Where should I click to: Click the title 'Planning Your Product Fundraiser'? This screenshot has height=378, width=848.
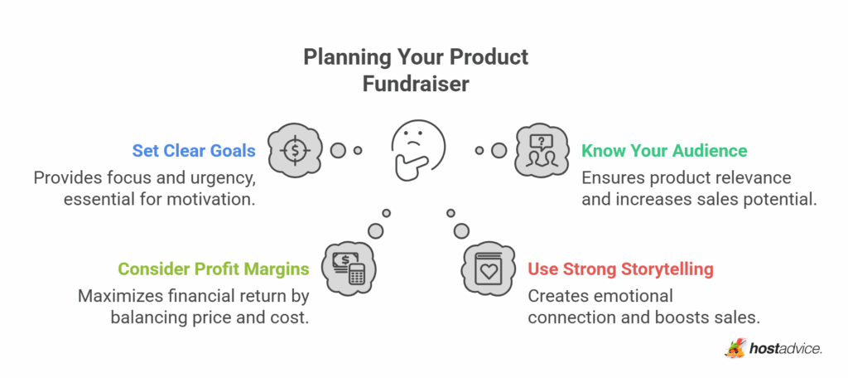pos(415,71)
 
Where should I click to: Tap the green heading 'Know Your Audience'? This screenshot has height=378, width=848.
pos(664,151)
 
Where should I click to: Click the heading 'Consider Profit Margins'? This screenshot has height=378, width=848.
pos(213,269)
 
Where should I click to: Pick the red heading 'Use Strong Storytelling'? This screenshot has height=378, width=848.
pos(620,269)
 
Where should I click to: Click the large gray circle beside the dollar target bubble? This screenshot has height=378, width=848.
pos(338,151)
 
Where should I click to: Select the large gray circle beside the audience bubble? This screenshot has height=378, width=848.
pos(499,151)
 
